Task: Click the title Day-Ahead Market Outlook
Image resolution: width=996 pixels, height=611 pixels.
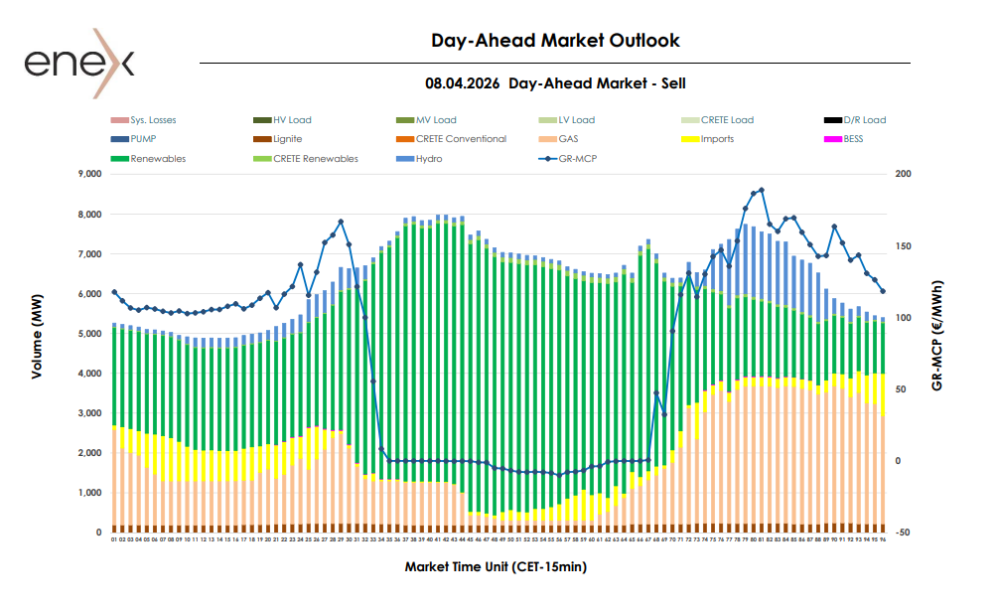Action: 555,41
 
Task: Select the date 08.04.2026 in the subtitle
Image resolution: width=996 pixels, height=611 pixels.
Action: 462,84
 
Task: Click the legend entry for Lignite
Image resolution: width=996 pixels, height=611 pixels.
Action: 287,139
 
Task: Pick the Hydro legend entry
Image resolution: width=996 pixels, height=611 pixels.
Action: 429,159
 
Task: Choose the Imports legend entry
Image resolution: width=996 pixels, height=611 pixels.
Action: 717,139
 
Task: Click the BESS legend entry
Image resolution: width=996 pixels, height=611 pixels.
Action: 853,139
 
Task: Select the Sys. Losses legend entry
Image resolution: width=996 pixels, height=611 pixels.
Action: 152,120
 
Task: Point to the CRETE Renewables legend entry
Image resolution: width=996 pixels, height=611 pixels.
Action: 315,159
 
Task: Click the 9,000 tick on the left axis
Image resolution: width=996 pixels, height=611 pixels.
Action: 89,175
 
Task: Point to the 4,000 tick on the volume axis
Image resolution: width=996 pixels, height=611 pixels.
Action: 89,374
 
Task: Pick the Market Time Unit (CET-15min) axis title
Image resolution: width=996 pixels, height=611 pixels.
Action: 497,567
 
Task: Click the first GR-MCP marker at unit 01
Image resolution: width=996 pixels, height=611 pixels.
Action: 114,292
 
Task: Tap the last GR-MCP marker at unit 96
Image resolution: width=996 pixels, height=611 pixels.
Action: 883,291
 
